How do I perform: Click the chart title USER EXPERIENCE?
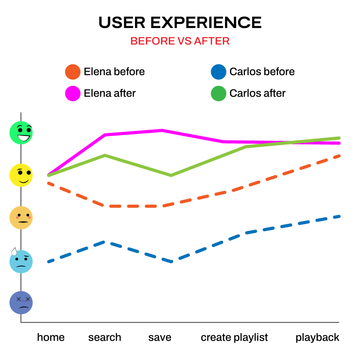tap(180, 22)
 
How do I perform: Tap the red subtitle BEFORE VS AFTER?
tap(180, 41)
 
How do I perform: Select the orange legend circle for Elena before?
tap(73, 72)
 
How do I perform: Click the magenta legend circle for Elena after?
tap(73, 94)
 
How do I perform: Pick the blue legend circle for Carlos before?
tap(218, 72)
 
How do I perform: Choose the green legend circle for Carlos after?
tap(218, 94)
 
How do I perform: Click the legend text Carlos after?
tap(257, 94)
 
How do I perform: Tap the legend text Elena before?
tap(114, 72)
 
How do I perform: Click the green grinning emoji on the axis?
tap(21, 133)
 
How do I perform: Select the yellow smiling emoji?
tap(21, 175)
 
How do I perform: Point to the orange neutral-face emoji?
tap(21, 218)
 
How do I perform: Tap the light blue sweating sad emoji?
tap(21, 261)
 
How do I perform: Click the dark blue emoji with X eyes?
tap(21, 302)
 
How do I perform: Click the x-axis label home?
tap(51, 337)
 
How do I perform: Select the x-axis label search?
tap(105, 337)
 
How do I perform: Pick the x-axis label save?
tap(160, 337)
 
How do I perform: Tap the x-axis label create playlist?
tap(234, 337)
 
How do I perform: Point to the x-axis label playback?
tap(317, 337)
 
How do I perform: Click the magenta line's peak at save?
tap(162, 130)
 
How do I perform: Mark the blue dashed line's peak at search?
tap(104, 242)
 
